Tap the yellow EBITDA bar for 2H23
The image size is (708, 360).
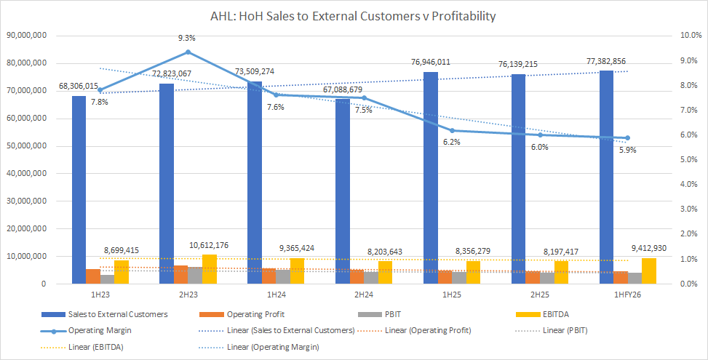point(210,270)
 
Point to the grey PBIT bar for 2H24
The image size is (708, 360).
point(371,278)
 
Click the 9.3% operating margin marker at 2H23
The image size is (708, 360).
point(188,52)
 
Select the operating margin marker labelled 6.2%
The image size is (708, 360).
point(452,130)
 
